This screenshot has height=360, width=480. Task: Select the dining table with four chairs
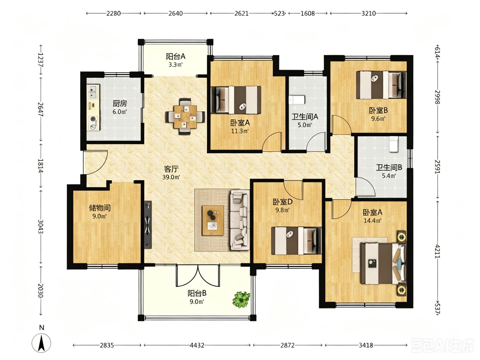tap(185, 116)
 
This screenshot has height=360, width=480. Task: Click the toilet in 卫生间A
tap(297, 100)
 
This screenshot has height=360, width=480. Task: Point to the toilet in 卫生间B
tap(394, 144)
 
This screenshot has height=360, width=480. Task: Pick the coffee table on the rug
tap(213, 220)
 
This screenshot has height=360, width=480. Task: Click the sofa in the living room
tap(240, 220)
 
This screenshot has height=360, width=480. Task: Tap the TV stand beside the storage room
tap(148, 225)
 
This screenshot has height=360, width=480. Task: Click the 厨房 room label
tap(120, 103)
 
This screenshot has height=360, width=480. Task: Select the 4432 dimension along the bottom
tap(197, 345)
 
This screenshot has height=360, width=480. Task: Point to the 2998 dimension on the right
tap(437, 97)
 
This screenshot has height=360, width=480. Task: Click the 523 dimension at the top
tap(279, 13)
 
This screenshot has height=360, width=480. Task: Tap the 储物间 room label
tap(100, 208)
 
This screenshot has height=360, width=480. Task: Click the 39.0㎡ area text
tap(171, 177)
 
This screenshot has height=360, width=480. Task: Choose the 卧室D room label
tap(283, 202)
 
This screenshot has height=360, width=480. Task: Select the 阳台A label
tap(175, 57)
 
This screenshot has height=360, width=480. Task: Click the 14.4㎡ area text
tap(372, 220)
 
